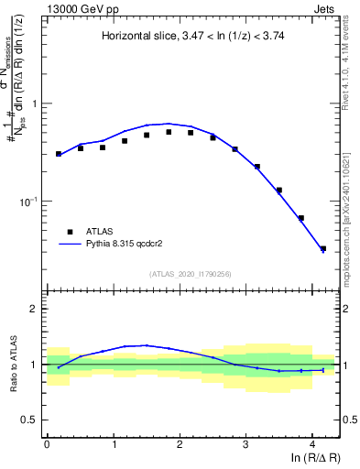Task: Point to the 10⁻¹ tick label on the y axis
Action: click(29, 201)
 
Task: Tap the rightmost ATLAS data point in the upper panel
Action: click(322, 248)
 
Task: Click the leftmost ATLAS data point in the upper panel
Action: click(59, 154)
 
